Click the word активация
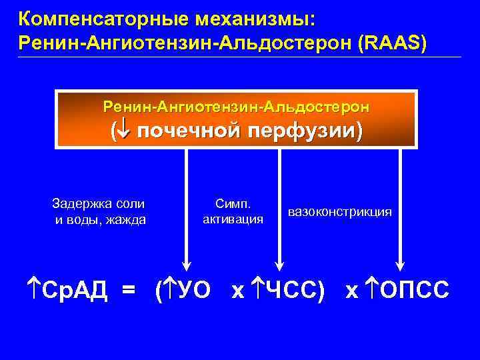click(233, 219)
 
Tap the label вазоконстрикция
click(340, 211)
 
